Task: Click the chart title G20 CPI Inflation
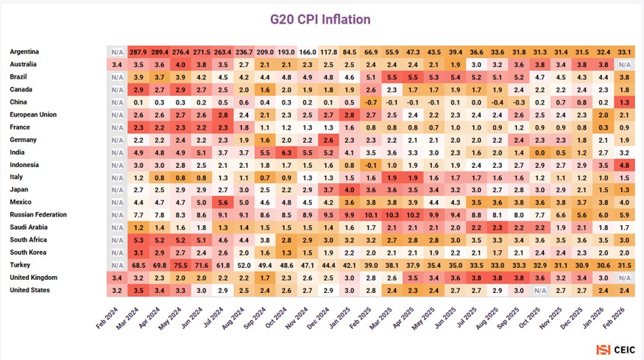320,19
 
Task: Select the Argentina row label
24,52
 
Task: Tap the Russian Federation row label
38,214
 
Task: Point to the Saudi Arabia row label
29,227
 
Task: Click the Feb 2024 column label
107,319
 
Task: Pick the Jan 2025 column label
339,319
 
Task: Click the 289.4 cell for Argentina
160,52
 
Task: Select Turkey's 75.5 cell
180,266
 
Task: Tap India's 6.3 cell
286,153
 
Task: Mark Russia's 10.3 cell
392,216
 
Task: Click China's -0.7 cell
371,102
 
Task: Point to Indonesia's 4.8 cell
624,165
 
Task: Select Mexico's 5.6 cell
222,202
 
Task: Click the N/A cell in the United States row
539,291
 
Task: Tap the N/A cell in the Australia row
624,65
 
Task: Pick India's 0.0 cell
539,153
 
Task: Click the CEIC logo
615,350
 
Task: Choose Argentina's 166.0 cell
307,52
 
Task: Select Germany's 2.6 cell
328,140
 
